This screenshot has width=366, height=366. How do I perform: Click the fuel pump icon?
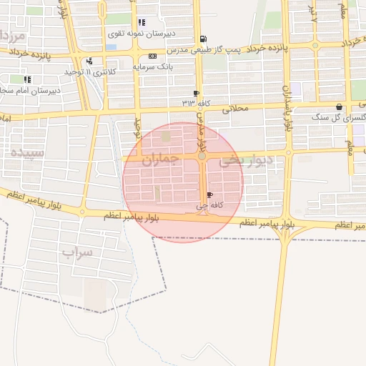coord(204,39)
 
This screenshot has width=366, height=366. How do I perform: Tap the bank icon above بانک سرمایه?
coord(152,56)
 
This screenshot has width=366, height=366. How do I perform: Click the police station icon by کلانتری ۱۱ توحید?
coord(89,61)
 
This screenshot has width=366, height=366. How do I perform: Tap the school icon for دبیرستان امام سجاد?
coord(27,79)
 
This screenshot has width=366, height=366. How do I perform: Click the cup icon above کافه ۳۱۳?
coord(197,93)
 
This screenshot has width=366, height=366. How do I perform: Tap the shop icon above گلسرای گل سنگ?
coord(338,107)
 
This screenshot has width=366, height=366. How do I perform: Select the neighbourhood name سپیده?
coord(27,152)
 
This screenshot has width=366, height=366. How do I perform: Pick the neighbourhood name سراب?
coord(77,252)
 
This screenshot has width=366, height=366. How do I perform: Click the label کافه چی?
coord(203,206)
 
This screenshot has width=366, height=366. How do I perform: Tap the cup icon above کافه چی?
coord(209,195)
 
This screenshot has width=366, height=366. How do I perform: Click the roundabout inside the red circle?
coord(202,156)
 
